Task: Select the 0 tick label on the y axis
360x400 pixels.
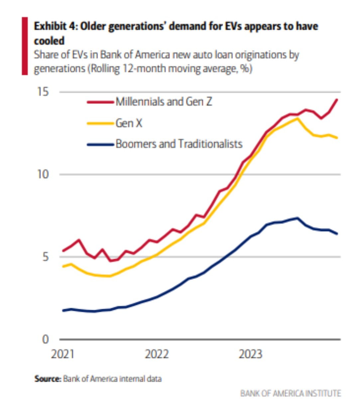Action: click(45, 339)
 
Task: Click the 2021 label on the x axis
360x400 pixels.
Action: click(62, 354)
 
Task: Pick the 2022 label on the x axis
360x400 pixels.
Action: click(157, 354)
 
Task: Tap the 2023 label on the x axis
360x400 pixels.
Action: click(250, 354)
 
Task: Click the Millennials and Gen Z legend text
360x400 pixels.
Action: click(164, 102)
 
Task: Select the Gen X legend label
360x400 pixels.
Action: click(129, 123)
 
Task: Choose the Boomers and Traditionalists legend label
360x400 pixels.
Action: click(179, 144)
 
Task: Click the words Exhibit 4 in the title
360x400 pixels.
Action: click(55, 26)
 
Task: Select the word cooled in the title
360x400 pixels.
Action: click(49, 41)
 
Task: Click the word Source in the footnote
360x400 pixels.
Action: click(47, 378)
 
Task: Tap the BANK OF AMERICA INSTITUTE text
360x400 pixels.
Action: click(291, 393)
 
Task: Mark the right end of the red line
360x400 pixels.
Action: click(337, 99)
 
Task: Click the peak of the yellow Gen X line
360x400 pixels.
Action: click(297, 118)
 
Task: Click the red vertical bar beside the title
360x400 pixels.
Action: click(25, 46)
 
